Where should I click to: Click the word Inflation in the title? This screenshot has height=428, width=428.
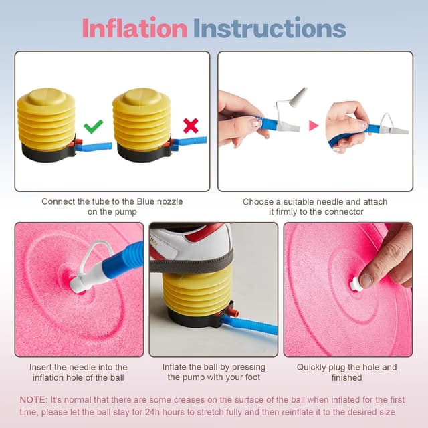click(x=134, y=28)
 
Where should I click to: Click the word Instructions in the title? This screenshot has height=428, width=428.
click(x=270, y=28)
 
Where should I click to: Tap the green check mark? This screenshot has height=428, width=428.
click(x=93, y=126)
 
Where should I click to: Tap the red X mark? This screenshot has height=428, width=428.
click(x=191, y=126)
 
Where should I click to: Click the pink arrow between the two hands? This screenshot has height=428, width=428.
click(x=313, y=125)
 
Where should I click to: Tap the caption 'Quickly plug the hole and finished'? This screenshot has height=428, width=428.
click(x=346, y=372)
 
